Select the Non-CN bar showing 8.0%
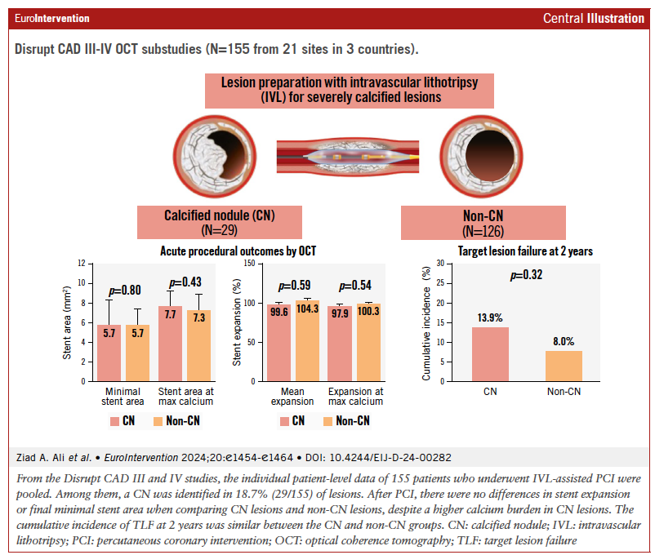[x=563, y=366]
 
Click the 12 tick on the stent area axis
[x=81, y=264]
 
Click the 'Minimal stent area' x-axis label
[x=121, y=396]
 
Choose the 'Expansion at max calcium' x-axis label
[x=355, y=396]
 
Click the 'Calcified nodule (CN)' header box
[x=220, y=221]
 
